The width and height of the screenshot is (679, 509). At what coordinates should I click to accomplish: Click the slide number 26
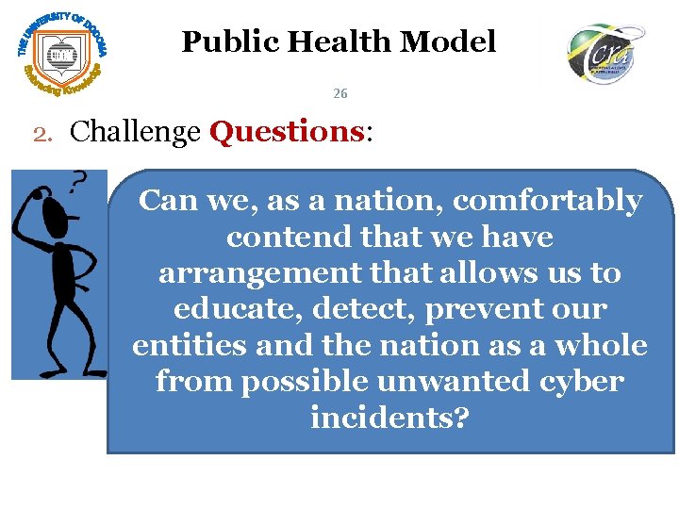point(340,93)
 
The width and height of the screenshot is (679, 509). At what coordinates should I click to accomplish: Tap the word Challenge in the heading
point(136,132)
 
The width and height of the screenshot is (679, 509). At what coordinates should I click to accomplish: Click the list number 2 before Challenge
point(42,133)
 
